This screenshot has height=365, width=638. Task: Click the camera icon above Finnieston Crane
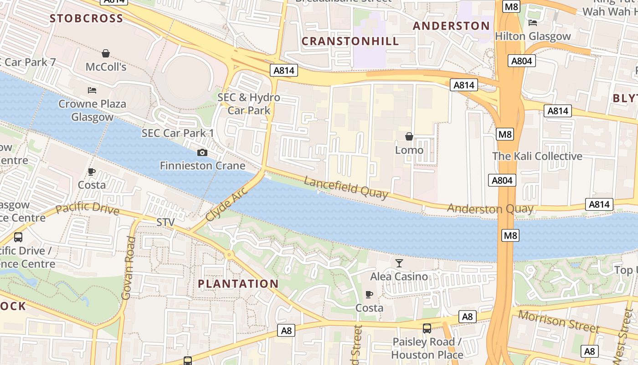202,152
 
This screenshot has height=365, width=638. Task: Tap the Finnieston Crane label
202,166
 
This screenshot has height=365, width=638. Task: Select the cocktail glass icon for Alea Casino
399,263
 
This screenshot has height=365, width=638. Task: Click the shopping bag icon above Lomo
409,136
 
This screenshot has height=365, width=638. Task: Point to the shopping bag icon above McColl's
106,53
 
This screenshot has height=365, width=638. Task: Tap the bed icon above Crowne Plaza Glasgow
92,90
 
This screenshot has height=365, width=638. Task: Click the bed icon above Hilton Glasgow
532,23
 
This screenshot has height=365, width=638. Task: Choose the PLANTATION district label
238,284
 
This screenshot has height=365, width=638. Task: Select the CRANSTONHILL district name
350,41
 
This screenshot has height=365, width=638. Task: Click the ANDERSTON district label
451,26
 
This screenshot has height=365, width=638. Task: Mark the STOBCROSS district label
87,18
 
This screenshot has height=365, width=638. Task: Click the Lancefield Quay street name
346,188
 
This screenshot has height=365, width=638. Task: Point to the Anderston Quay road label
490,209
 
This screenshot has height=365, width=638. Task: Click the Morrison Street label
559,322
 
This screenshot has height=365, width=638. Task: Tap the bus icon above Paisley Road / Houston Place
427,328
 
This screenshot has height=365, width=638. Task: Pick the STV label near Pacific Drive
165,222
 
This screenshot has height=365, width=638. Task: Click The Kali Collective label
537,156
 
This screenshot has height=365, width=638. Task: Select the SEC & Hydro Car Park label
249,104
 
